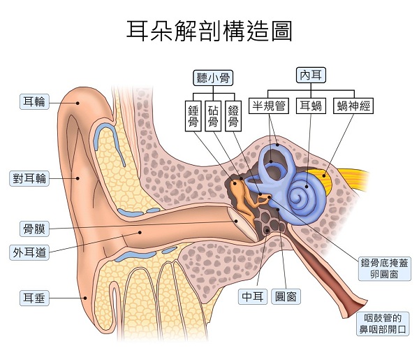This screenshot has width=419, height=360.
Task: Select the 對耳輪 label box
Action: [x=29, y=178]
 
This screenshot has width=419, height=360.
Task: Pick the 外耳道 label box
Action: [x=29, y=252]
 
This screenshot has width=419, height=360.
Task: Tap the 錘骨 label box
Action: [x=193, y=117]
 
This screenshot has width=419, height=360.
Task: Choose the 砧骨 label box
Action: [x=214, y=117]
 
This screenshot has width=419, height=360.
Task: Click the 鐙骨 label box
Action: [x=234, y=117]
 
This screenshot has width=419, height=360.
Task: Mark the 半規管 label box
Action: [x=270, y=106]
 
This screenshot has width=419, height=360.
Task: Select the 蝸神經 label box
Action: [x=354, y=106]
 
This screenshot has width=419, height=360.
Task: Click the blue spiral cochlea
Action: [x=304, y=193]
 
